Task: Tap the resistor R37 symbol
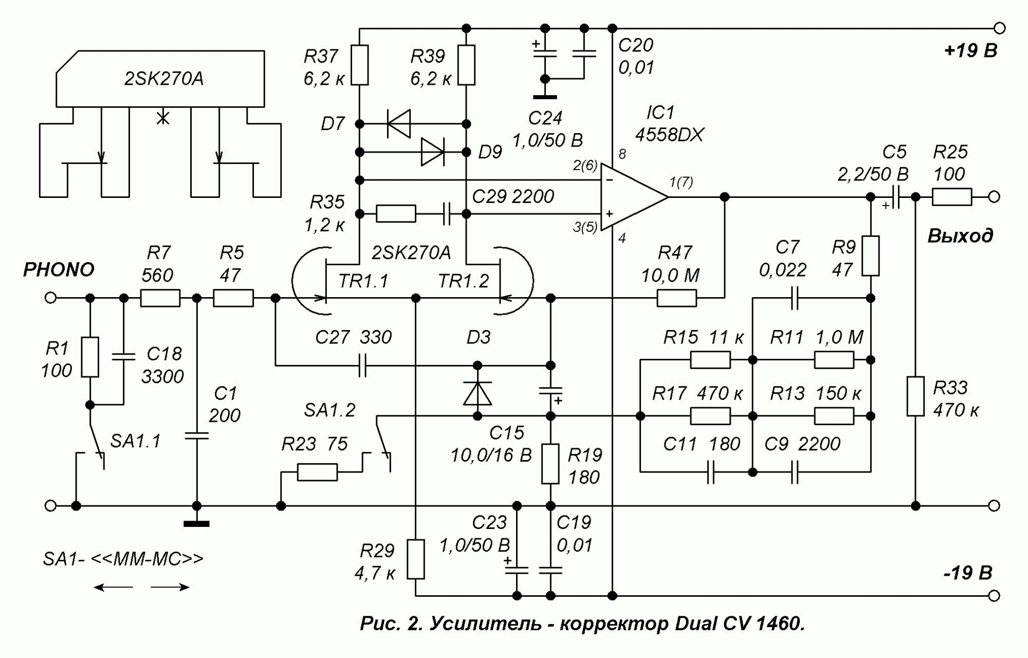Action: click(360, 65)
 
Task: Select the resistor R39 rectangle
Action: click(466, 65)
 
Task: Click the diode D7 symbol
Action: click(399, 124)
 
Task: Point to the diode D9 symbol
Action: click(432, 152)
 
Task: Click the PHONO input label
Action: click(59, 270)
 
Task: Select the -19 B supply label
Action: click(968, 573)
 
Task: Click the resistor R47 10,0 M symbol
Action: click(677, 298)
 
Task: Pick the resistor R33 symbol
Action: click(915, 396)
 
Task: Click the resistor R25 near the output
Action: click(951, 197)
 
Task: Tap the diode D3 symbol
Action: click(478, 393)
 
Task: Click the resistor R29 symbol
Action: click(416, 559)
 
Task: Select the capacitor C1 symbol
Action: click(197, 436)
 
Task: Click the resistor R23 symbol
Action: click(317, 472)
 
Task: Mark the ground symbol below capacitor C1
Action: click(197, 523)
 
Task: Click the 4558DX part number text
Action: click(669, 135)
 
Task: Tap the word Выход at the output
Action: click(960, 236)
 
